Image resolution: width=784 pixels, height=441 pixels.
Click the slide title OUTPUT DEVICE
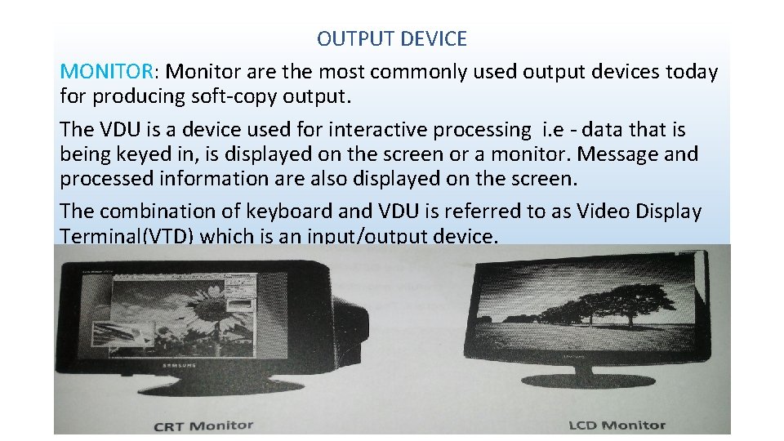(391, 38)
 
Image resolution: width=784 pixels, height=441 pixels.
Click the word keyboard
(292, 211)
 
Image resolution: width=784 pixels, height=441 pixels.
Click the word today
(691, 72)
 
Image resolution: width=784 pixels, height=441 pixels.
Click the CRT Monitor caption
(203, 425)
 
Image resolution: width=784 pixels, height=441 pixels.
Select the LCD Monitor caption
(617, 425)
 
